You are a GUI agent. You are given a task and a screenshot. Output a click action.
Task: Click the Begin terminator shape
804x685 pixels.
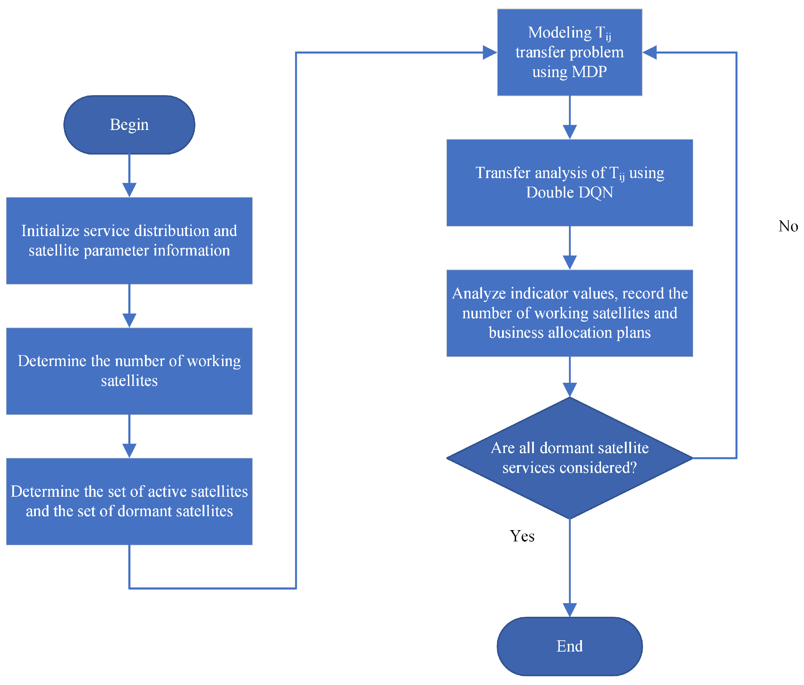coord(129,125)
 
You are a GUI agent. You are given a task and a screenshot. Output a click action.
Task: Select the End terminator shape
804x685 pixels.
coord(569,646)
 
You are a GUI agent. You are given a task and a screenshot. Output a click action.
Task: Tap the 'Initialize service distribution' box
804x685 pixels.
coord(129,241)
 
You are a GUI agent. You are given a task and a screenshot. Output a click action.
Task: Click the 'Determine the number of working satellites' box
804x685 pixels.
coord(129,371)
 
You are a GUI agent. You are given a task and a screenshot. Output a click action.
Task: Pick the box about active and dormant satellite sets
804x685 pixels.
coord(129,501)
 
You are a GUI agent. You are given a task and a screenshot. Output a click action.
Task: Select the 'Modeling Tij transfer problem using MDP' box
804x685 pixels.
coord(569,53)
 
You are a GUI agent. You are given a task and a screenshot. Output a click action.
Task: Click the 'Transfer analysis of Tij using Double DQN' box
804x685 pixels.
coord(569,183)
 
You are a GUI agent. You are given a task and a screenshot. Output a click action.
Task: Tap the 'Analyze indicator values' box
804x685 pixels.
coord(569,313)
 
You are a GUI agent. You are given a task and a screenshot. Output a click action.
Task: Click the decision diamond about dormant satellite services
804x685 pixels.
coord(569,458)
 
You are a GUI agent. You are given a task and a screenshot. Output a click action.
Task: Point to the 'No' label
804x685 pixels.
coord(788,226)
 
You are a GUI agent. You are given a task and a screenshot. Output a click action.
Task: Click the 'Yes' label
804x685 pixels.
coord(522,536)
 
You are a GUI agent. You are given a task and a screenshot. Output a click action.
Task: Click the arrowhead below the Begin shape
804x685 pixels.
coord(129,190)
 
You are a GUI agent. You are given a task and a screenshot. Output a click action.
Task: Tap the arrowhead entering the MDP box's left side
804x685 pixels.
coord(490,53)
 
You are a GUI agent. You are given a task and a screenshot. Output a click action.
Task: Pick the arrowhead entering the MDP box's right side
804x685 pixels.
coord(650,53)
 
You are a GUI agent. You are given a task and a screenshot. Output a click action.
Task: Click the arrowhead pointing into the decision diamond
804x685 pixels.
coord(569,390)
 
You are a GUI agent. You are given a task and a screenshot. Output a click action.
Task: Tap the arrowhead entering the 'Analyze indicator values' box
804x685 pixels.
coord(569,262)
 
